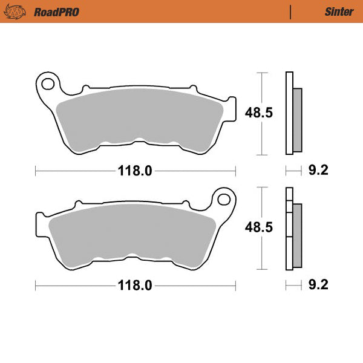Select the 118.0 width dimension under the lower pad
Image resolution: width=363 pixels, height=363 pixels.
[135, 285]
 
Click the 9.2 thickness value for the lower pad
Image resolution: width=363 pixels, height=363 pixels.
[318, 285]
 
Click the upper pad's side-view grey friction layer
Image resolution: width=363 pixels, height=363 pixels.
[296, 119]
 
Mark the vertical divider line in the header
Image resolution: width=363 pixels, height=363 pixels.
[291, 11]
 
